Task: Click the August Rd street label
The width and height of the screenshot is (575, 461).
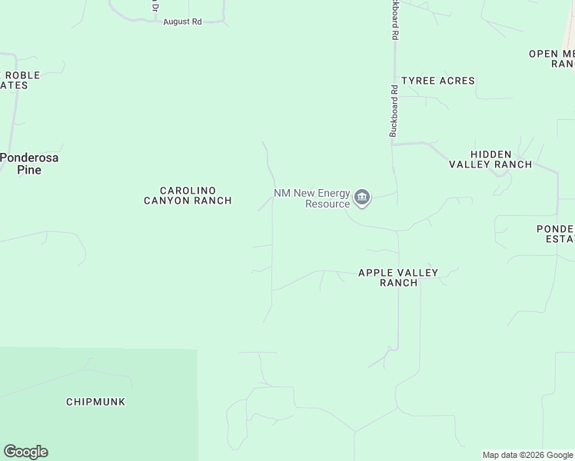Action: pos(182,22)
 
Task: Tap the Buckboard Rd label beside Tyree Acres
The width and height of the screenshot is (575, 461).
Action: pos(394,111)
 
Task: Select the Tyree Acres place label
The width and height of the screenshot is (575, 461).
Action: pos(438,81)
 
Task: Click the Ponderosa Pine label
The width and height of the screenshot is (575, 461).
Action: pos(29,164)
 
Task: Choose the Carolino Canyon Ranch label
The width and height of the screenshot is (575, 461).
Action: pos(188,195)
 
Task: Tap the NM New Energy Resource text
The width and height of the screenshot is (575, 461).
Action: pos(312,198)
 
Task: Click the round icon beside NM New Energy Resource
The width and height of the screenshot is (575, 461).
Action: pos(362,198)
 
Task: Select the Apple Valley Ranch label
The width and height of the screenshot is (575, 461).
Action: pos(398,277)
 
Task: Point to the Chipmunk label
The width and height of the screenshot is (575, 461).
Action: pos(95,402)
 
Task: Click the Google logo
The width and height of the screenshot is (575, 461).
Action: pos(25,452)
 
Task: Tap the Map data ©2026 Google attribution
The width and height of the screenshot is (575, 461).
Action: pos(528,455)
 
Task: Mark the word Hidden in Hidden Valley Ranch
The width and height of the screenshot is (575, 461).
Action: pos(490,154)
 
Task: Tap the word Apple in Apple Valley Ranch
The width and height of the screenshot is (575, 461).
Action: pos(375,273)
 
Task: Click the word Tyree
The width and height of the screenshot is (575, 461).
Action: pos(419,81)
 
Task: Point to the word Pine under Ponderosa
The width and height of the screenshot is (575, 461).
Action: pos(29,170)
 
